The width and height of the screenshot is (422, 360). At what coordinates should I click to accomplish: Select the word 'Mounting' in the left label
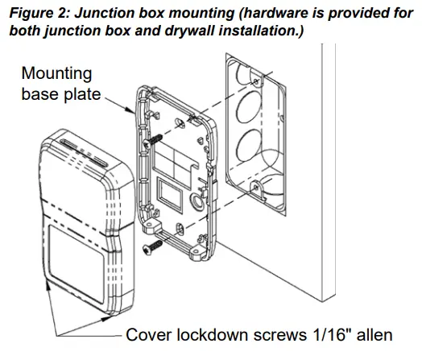point(56,73)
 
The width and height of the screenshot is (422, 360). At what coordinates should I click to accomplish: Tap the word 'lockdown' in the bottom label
point(212,334)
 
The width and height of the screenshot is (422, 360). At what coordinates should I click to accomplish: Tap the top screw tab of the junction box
point(257,81)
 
